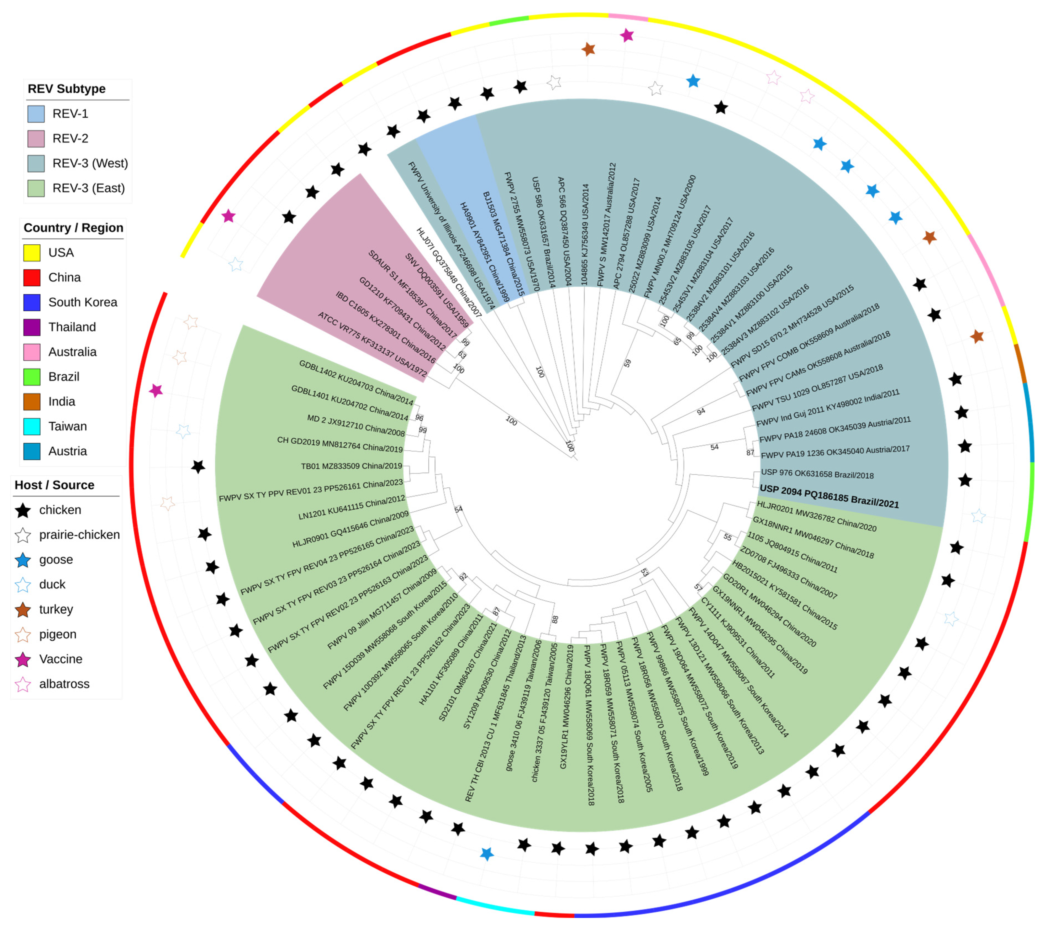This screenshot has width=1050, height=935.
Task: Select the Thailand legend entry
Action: pos(72,327)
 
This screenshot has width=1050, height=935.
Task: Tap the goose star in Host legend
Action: pos(23,560)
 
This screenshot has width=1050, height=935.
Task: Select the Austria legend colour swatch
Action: pos(32,451)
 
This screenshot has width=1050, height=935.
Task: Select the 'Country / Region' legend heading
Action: pos(73,228)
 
